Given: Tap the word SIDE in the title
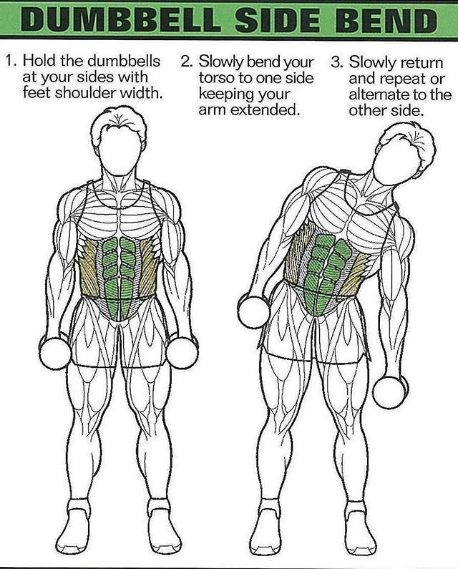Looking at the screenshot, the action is point(278,19).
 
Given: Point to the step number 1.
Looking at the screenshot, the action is point(11,61).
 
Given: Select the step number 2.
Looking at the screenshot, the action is point(187,62).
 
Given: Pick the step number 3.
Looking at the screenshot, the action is point(337,62).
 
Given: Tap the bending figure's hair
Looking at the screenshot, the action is point(414,143).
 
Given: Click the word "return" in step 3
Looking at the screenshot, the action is point(420,63).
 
